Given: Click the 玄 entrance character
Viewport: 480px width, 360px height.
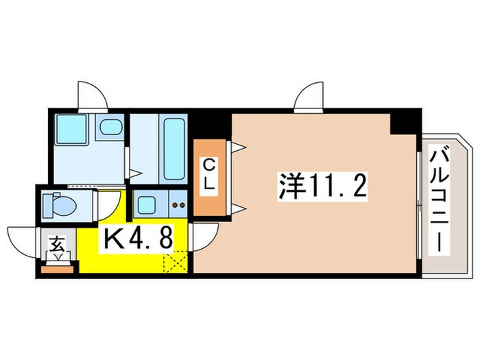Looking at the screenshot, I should pos(56,243).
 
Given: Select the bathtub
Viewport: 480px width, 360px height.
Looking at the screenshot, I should pos(172,147).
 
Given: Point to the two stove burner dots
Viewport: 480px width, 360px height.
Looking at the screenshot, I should pos(178,204).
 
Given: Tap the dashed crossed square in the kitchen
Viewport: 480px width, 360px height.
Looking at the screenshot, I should pos(176,262).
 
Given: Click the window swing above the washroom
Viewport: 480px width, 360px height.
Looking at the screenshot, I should pos(89,95).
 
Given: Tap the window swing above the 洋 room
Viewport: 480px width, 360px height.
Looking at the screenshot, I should pos(309,95).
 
